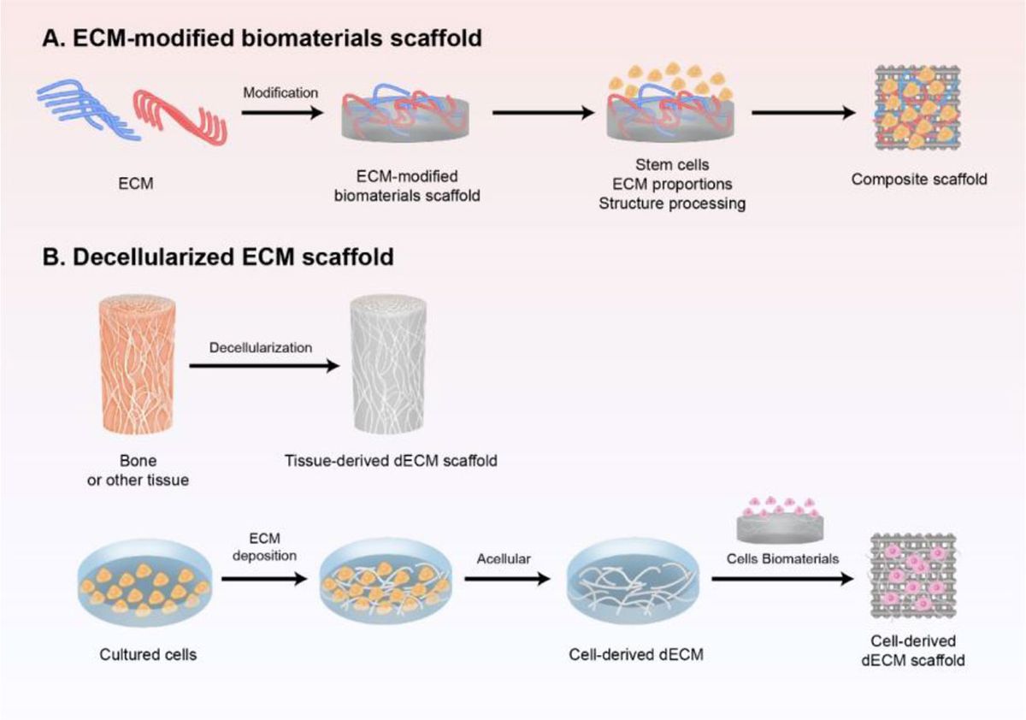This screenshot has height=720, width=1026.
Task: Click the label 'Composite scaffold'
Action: coord(908,180)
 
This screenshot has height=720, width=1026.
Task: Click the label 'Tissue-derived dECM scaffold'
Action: coord(392,461)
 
